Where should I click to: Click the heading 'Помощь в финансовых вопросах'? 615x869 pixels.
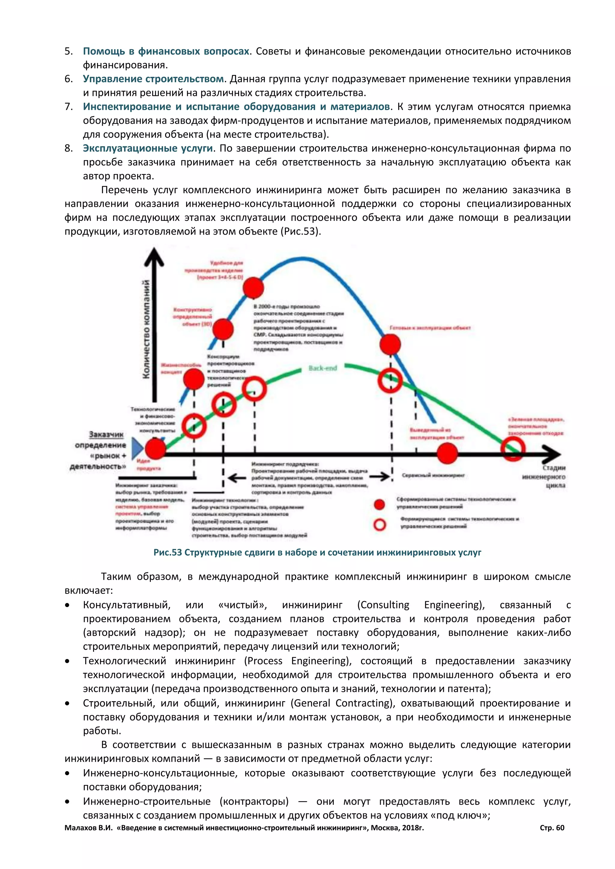click(166, 51)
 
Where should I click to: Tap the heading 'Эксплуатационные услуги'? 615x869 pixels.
click(148, 148)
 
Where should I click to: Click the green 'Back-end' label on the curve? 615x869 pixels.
click(322, 368)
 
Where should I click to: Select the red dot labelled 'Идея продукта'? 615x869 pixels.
click(155, 449)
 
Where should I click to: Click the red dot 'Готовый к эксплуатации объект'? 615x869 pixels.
click(390, 344)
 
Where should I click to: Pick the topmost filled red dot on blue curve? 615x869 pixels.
click(253, 288)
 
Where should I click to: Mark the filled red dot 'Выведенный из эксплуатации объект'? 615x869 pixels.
click(447, 453)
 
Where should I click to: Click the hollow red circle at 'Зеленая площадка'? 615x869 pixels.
click(513, 449)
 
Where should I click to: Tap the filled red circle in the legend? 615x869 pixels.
click(380, 504)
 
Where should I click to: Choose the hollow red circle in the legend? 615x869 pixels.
click(380, 525)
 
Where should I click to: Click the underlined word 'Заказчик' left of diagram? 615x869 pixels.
click(106, 434)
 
